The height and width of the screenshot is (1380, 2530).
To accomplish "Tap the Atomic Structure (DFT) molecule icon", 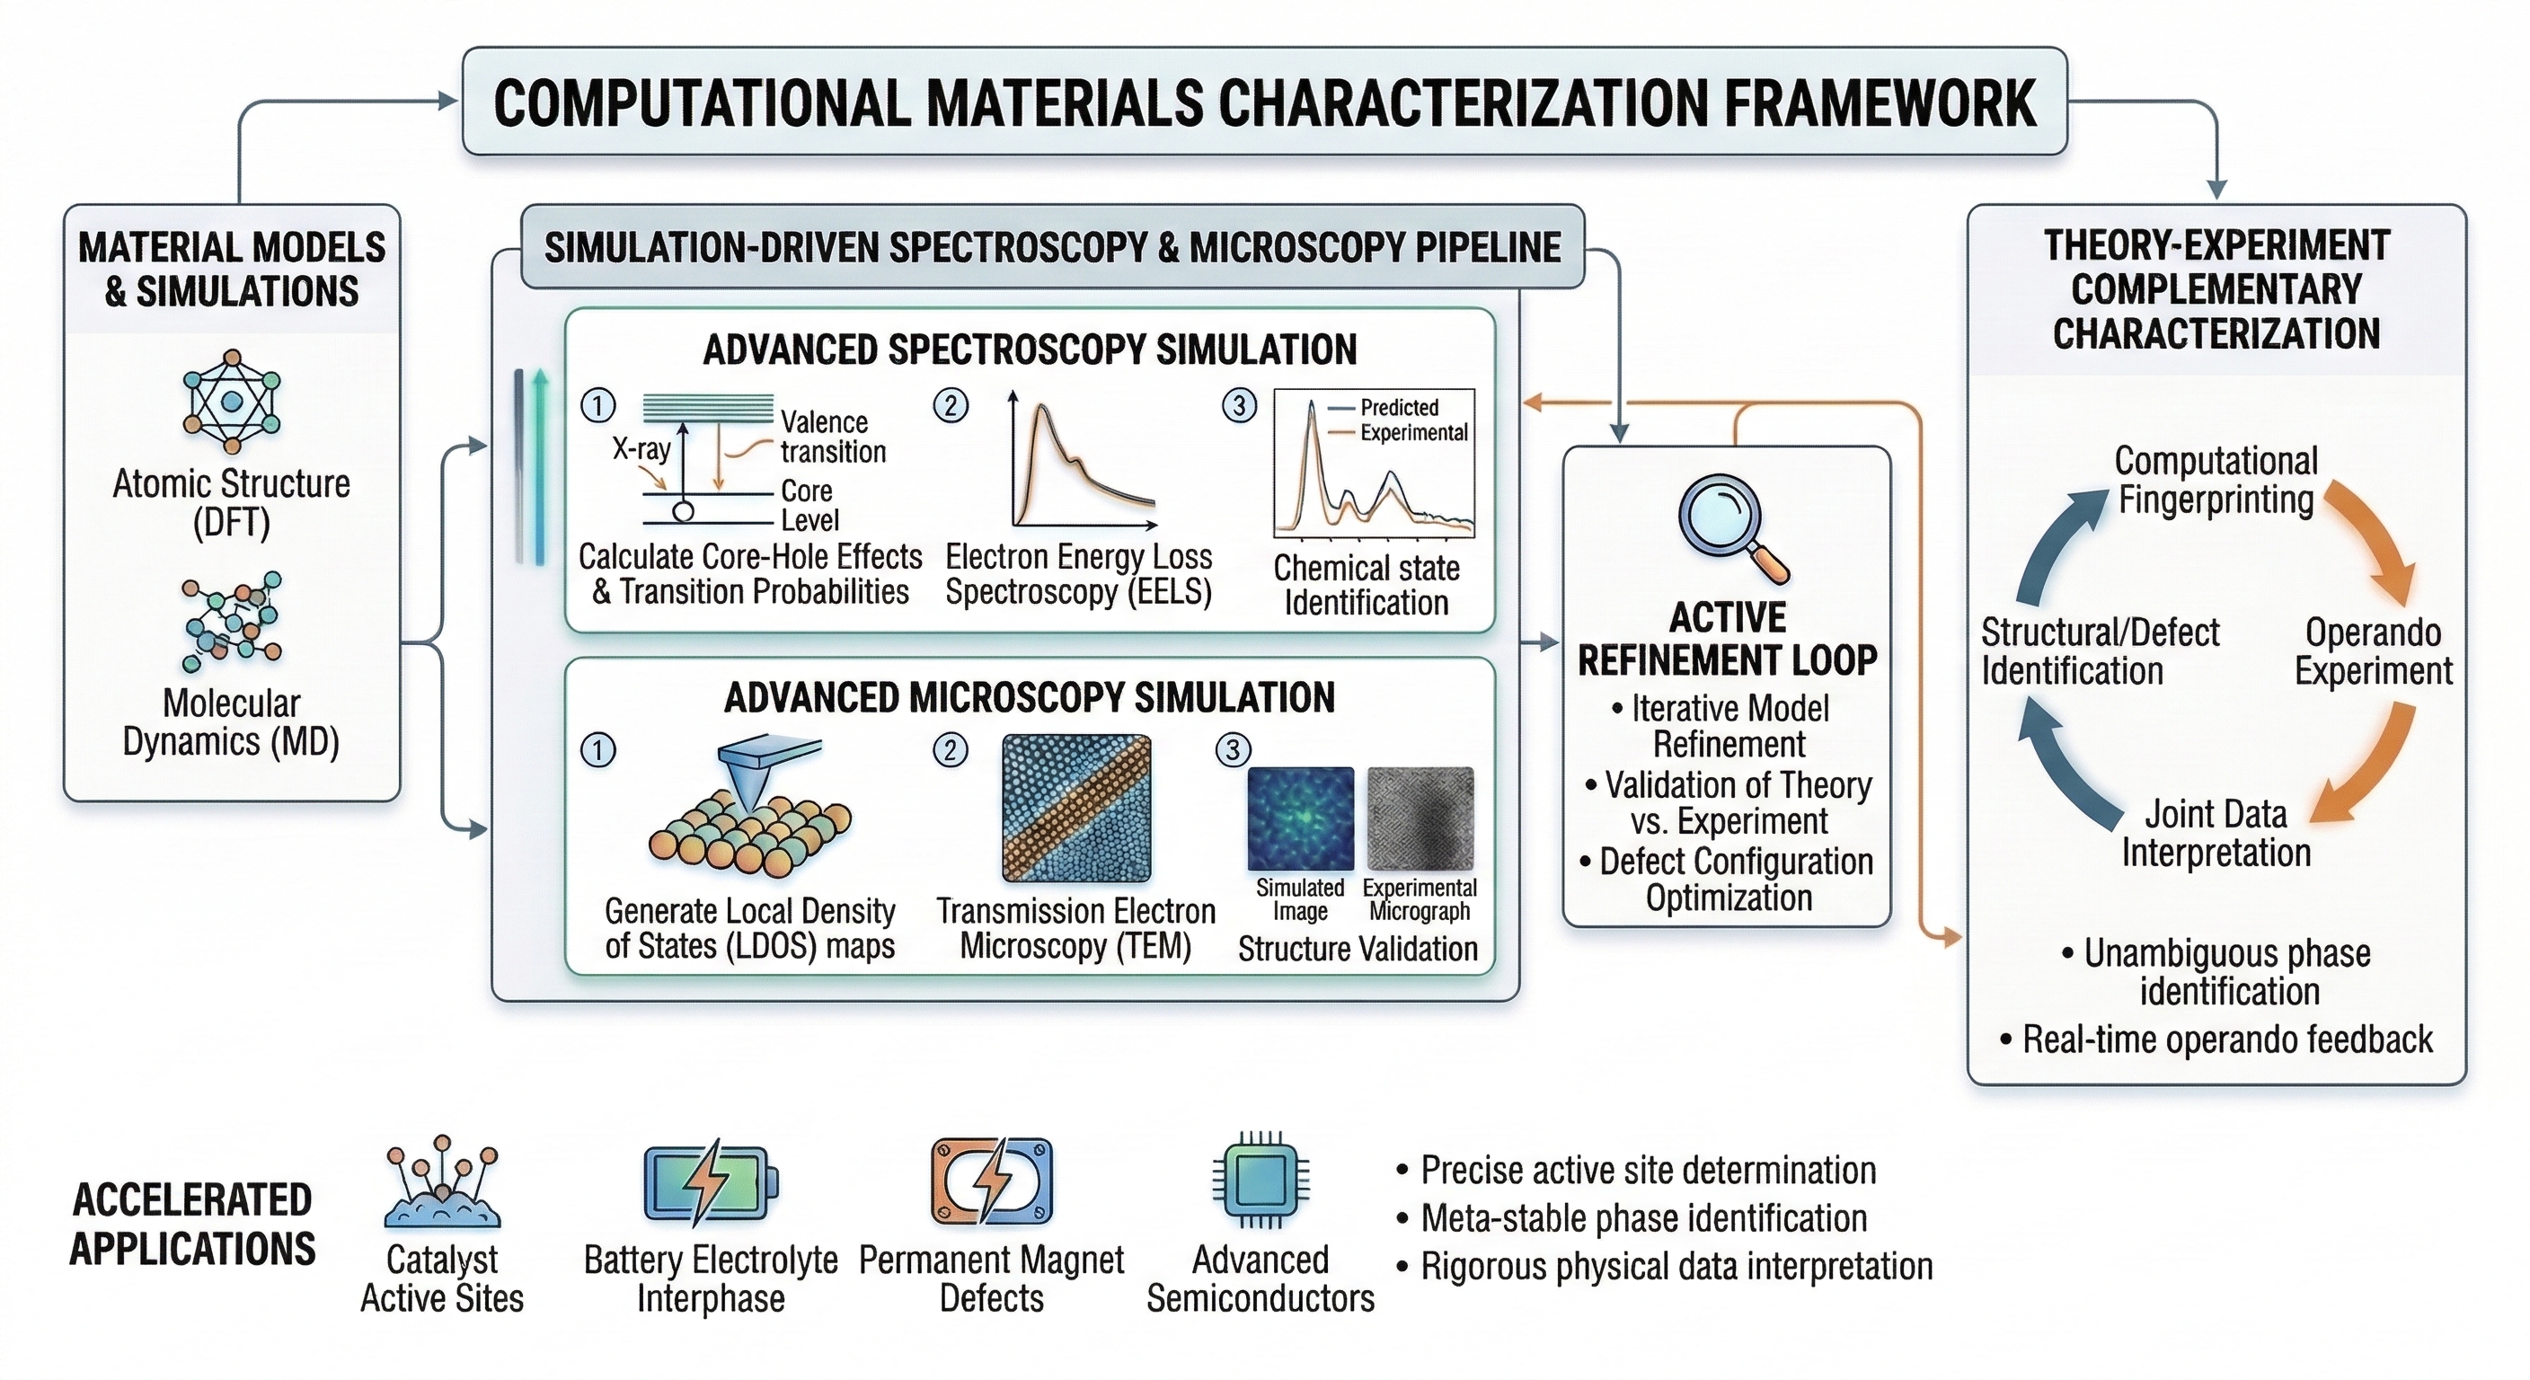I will click(x=232, y=401).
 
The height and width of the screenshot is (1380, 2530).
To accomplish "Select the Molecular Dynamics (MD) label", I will click(x=231, y=722).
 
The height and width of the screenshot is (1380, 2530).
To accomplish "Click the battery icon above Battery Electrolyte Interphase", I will click(x=710, y=1182).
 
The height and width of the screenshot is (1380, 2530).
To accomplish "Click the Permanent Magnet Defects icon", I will click(x=991, y=1181).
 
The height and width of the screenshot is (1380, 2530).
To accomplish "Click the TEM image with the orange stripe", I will click(x=1076, y=808).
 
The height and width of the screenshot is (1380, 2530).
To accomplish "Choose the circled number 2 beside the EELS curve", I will click(x=950, y=404).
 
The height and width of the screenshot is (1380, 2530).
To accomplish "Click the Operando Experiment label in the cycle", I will click(x=2372, y=651).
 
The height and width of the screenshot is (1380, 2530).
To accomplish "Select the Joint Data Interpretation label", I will click(x=2216, y=833).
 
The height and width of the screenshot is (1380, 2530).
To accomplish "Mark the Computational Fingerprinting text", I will click(x=2216, y=480).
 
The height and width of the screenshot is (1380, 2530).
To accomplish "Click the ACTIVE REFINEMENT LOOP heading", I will click(x=1728, y=639).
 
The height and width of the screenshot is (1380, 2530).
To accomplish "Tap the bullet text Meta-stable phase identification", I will click(x=1643, y=1218).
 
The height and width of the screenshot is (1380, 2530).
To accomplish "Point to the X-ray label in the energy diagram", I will click(x=641, y=449).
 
